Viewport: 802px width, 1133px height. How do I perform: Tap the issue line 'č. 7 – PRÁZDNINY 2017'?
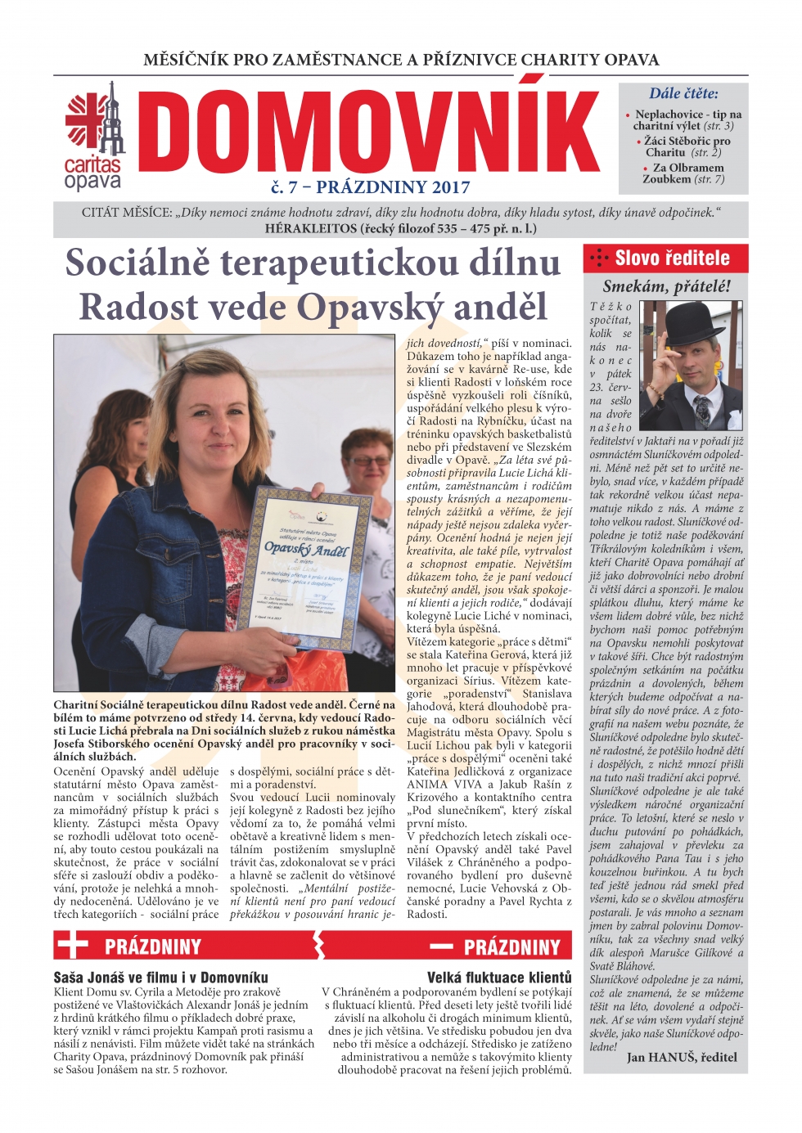coord(370,187)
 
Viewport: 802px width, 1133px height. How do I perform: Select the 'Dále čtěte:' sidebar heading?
coord(683,93)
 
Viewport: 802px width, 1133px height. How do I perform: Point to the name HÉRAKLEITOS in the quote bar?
coord(311,228)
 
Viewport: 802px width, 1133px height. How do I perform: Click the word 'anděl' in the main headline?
coord(500,308)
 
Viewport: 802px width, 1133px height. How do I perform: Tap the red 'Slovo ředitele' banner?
coord(665,259)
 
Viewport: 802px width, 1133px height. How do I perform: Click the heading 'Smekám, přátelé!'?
coord(666,286)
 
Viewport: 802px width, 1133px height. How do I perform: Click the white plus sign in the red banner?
coord(72,946)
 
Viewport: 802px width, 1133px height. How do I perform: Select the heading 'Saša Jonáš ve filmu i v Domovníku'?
coord(160,977)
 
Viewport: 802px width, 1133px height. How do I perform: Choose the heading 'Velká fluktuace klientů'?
coord(499,977)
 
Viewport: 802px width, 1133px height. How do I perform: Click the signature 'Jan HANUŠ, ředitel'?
coord(682,1057)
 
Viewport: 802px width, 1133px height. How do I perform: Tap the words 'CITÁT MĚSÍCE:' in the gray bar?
coord(127,213)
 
